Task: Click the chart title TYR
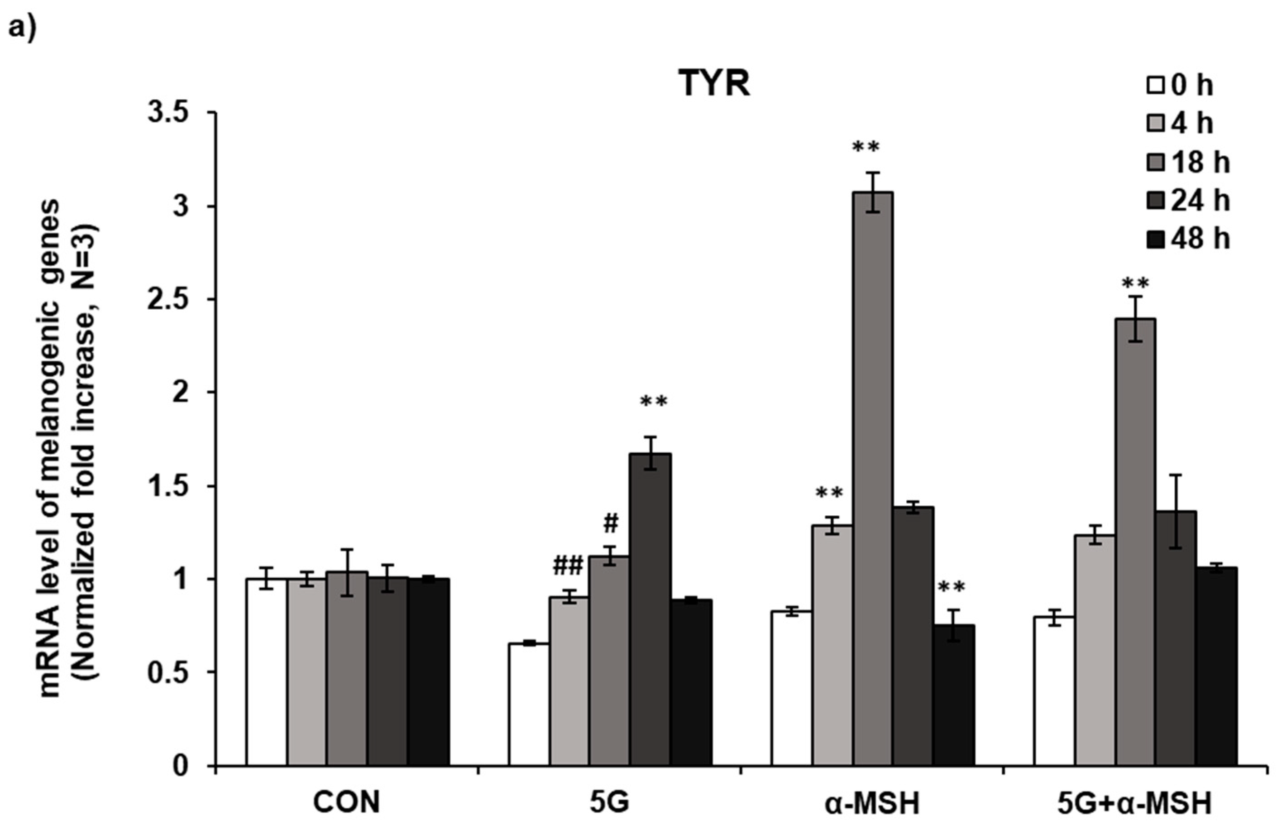coord(714,84)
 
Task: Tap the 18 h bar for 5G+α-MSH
coord(1136,541)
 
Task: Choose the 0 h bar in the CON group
coord(266,672)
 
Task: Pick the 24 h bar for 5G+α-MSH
coord(1176,638)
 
